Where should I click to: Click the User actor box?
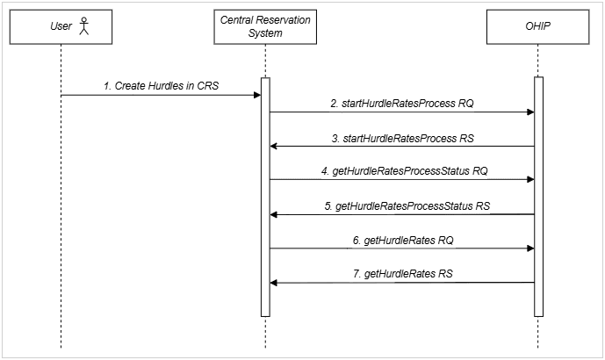click(x=61, y=27)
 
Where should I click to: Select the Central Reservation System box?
click(x=264, y=27)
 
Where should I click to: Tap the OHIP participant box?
click(x=538, y=27)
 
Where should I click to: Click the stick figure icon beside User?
click(x=83, y=27)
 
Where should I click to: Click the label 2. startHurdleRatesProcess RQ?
click(x=401, y=104)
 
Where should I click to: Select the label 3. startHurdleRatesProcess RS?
click(x=401, y=138)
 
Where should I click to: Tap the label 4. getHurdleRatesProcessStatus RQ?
click(x=404, y=172)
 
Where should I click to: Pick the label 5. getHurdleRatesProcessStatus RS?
click(x=404, y=205)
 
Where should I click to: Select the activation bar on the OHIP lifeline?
click(x=538, y=197)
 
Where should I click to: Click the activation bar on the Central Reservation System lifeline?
click(x=264, y=197)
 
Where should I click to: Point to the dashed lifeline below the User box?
click(x=61, y=220)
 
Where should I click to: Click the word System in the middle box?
click(x=264, y=33)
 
